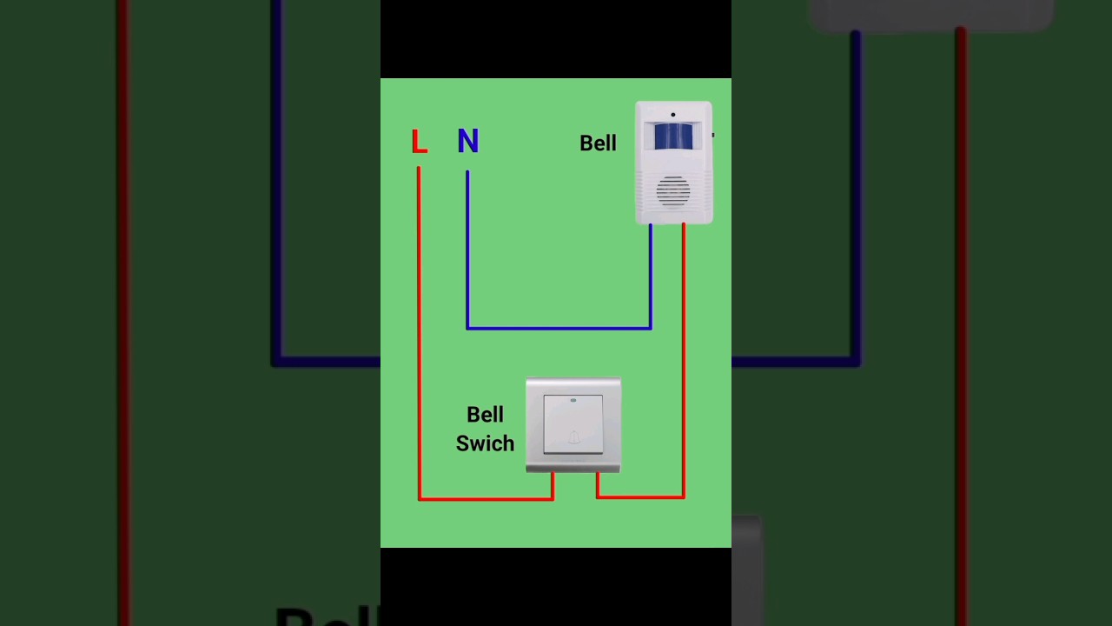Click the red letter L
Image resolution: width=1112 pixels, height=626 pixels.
[419, 141]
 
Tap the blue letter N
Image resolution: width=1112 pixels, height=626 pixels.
[467, 141]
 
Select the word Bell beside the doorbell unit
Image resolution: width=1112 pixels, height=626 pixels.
[598, 143]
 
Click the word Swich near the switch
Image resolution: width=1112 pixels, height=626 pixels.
[485, 443]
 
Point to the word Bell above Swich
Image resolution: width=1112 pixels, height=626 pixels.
[485, 415]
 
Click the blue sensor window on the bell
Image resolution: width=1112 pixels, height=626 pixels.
[673, 137]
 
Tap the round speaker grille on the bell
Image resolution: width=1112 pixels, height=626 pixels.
[673, 190]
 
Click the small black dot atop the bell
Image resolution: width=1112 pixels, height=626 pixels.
[672, 115]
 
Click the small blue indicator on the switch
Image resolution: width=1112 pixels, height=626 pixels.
[573, 401]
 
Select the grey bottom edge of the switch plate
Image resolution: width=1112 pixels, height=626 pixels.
[573, 468]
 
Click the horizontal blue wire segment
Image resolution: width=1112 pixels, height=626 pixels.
[559, 328]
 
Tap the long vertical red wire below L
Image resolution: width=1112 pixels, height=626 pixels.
[419, 330]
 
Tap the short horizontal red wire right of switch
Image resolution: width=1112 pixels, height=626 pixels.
[640, 496]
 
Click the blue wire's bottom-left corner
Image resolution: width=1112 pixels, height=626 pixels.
[467, 328]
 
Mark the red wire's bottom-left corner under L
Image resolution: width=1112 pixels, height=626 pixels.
[420, 498]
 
